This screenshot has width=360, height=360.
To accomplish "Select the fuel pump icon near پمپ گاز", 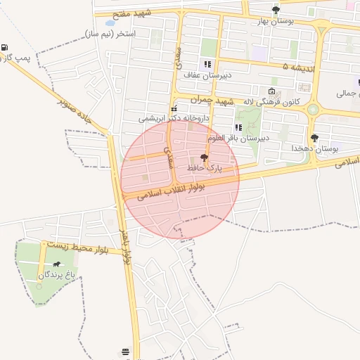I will click(x=6, y=47).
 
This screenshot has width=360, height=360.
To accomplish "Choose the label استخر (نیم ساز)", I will click(x=110, y=33).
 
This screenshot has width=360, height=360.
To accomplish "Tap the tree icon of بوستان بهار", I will click(x=276, y=10).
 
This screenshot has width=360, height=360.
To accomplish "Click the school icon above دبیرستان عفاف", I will click(x=207, y=64).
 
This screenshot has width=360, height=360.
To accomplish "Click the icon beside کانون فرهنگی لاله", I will click(x=272, y=91).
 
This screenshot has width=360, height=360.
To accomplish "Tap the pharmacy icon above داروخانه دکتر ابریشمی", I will click(x=174, y=108).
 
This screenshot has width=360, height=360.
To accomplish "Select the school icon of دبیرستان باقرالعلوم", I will click(x=239, y=127).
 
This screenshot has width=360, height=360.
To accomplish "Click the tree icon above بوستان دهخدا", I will click(x=314, y=138).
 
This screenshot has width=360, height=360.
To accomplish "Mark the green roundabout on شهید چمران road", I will click(x=312, y=109).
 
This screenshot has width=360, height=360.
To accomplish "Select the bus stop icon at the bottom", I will click(x=125, y=351).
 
